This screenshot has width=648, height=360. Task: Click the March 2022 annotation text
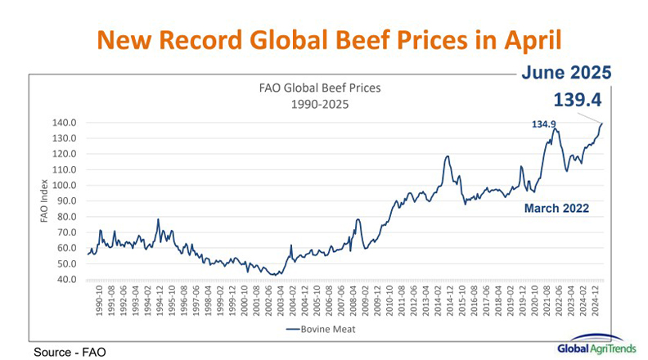(x=556, y=209)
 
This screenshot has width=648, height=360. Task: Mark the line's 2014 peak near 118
(x=447, y=156)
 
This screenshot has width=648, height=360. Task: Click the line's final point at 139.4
(x=603, y=124)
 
